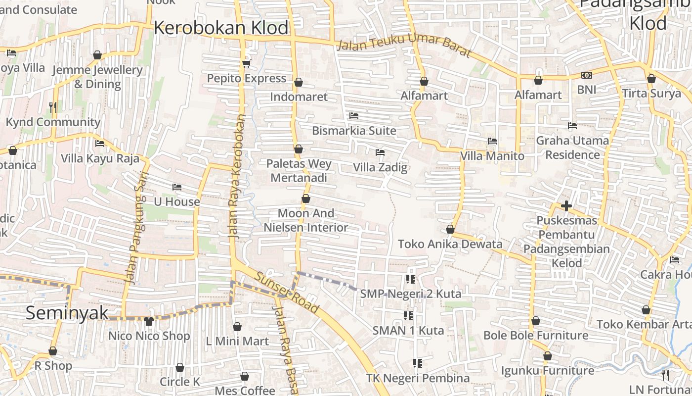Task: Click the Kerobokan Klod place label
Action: coord(221,28)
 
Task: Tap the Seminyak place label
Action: coord(67,313)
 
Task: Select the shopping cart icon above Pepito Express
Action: coord(246,63)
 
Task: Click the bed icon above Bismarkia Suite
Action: coord(354,116)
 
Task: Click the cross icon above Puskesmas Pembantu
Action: coord(566,205)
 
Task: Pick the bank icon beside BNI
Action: coord(587,75)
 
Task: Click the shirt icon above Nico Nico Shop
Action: coord(149,321)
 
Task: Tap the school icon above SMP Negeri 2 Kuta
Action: coord(410,279)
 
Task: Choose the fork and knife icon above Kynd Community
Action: coord(53,107)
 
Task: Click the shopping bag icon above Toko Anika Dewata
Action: coord(450,229)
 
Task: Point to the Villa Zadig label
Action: coord(380,167)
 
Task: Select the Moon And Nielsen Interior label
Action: coord(306,220)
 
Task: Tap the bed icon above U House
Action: coord(177,187)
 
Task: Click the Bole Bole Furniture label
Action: coord(536,336)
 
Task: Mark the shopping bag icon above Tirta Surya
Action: coord(651,79)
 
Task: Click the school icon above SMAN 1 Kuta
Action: coord(408,315)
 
